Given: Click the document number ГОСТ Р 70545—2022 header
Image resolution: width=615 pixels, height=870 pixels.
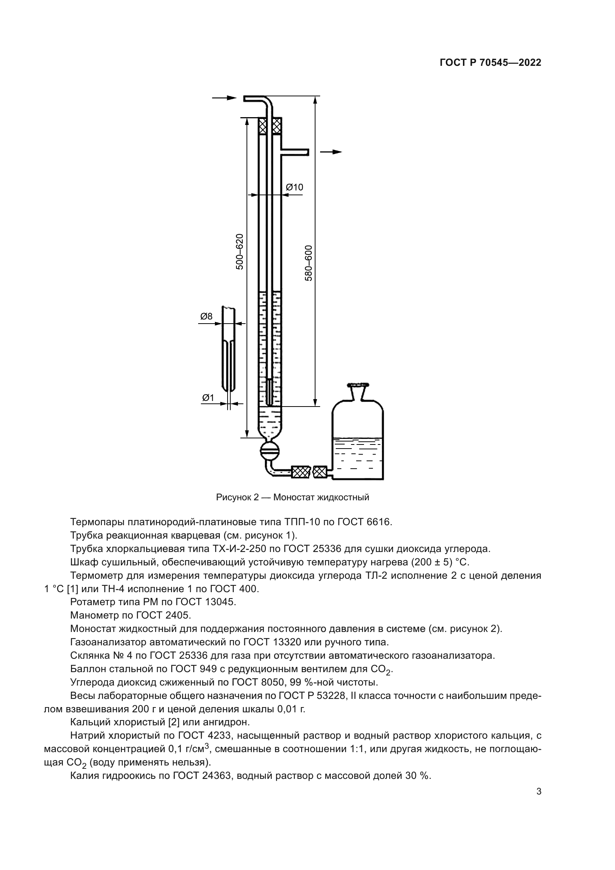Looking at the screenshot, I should [490, 63].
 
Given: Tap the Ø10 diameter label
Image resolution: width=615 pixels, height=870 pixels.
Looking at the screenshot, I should [294, 187].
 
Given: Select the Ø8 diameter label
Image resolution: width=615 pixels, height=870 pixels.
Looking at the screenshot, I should [206, 316].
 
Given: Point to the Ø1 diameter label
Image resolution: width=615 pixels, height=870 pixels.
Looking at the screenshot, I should [208, 398].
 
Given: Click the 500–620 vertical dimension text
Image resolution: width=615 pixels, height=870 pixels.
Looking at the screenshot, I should [239, 251].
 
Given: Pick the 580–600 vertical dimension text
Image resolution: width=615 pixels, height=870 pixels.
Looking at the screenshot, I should [309, 263].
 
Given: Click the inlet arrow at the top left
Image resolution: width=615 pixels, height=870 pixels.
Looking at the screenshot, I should [224, 98].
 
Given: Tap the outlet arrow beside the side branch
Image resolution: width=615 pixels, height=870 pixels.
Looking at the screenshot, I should [331, 152].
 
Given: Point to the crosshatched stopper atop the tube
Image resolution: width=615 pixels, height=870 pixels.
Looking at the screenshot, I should [270, 126].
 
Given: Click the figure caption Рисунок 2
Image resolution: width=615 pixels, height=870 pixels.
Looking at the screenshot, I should [292, 497].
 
